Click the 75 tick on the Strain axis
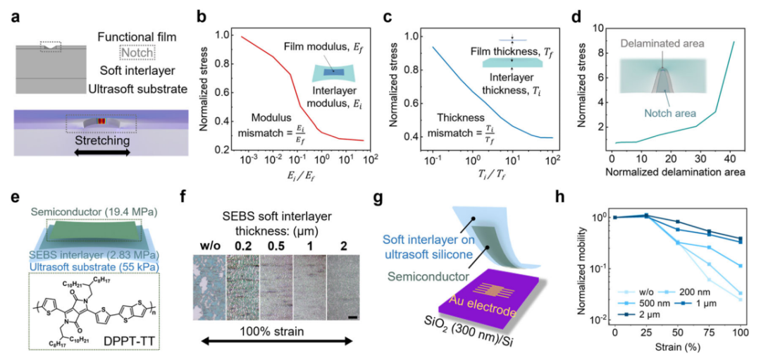[x=714, y=331]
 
